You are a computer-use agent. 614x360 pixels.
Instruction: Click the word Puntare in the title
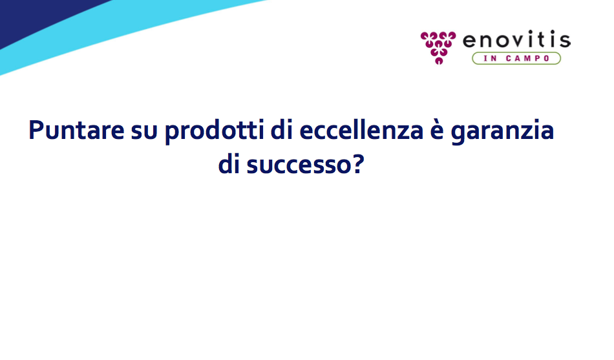(76, 130)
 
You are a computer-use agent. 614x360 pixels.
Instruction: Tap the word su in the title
(144, 132)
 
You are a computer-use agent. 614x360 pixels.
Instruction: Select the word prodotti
(214, 131)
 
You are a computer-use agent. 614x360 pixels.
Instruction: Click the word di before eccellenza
(282, 129)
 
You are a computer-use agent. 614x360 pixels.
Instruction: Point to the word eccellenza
(361, 129)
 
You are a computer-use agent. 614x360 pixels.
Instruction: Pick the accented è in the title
(437, 130)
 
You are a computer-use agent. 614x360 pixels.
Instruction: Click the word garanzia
(502, 131)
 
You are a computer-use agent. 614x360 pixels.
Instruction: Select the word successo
(299, 166)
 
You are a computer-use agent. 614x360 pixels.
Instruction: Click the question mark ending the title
(358, 164)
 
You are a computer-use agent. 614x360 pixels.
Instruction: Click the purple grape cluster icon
(438, 48)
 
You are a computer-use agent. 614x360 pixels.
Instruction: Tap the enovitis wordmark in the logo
(516, 39)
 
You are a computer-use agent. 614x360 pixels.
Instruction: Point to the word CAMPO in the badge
(528, 58)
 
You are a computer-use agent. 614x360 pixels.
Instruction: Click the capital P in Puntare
(36, 130)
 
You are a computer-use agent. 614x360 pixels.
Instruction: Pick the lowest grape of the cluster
(439, 61)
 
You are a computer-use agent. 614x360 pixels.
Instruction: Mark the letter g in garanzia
(458, 134)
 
